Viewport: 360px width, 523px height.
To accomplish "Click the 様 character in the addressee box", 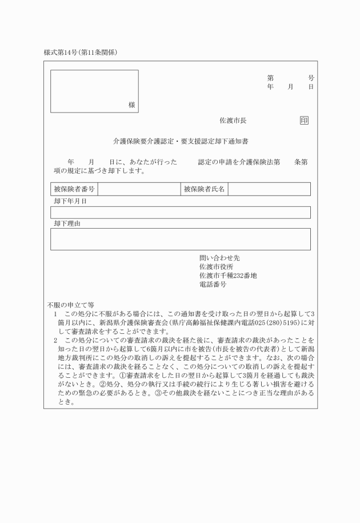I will tap(132, 105).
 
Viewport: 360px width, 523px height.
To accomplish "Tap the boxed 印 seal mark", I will tap(304, 121).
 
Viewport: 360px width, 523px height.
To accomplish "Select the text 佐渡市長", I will tap(233, 121).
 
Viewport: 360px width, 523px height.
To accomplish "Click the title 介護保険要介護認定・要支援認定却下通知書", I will tap(180, 140).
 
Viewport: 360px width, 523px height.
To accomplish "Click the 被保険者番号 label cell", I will tap(74, 189).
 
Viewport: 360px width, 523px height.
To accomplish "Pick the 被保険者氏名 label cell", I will tap(205, 189).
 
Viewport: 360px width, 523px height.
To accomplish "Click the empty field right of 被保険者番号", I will tap(138, 189).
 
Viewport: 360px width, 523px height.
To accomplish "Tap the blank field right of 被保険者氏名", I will tap(269, 189).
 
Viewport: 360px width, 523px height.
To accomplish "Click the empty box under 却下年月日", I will tap(180, 212).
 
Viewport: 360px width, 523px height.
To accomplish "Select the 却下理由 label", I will tap(67, 223).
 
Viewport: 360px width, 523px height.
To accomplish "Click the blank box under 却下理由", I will tap(180, 239).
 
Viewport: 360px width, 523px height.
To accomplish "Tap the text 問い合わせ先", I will tap(215, 258).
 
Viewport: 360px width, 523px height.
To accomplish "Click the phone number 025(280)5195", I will tap(274, 322).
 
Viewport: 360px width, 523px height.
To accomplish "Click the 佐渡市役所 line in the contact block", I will tap(216, 267).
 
